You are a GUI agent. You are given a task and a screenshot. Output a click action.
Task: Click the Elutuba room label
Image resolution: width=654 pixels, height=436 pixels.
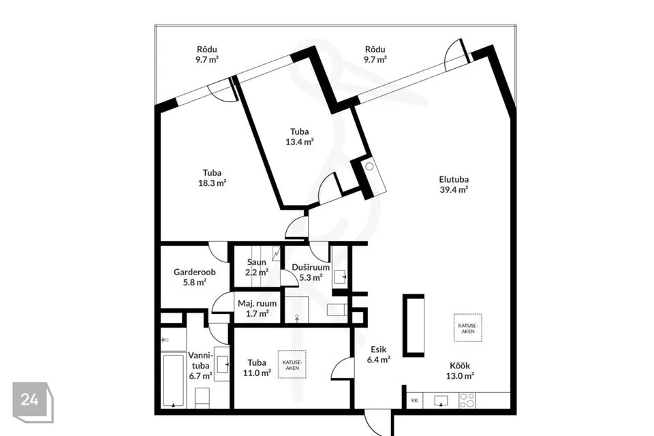[454, 181]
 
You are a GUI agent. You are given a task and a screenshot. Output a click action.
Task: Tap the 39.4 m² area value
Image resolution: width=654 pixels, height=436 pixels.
[454, 191]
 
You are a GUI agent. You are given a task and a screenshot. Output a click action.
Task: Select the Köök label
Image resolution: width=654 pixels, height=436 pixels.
[461, 364]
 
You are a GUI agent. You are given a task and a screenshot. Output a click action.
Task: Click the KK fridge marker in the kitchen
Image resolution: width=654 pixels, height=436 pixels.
[415, 401]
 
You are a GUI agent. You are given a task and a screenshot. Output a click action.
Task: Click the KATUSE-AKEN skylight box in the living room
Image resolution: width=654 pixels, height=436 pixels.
[468, 328]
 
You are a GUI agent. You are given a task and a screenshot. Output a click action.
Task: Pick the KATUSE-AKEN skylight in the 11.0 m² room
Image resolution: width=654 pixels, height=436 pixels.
[292, 364]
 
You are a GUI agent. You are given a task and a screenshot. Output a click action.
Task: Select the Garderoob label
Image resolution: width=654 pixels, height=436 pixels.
[195, 272]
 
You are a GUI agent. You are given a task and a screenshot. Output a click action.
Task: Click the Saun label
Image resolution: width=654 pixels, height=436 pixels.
[257, 262]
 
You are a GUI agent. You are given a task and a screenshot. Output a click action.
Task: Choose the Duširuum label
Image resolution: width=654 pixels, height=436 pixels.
[311, 268]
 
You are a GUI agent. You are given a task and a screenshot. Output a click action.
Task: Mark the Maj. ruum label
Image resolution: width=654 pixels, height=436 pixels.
[257, 304]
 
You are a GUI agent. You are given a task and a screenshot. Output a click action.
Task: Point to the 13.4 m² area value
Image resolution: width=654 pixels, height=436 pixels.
[300, 142]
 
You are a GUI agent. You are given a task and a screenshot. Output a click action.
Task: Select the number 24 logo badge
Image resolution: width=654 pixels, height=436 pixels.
[30, 399]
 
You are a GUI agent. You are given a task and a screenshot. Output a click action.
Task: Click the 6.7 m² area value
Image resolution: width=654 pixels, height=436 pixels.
[200, 375]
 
